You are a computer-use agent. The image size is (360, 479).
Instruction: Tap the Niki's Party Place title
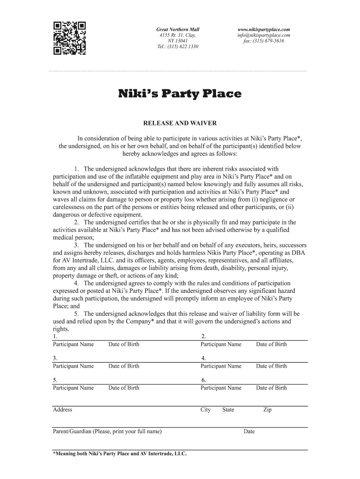click(180, 94)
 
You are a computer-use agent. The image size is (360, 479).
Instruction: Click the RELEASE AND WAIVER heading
click(180, 123)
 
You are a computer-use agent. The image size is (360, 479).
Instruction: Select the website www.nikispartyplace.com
click(264, 29)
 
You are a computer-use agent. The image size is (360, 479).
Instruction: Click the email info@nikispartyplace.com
click(264, 35)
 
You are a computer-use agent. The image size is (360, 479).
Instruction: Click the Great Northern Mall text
click(178, 29)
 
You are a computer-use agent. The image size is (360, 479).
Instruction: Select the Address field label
click(63, 410)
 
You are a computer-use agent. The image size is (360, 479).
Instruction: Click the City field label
click(206, 410)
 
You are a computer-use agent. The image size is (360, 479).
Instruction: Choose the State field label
click(228, 410)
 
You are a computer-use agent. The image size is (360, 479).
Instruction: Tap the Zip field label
click(267, 410)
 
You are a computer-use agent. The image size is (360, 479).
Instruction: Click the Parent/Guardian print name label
click(107, 431)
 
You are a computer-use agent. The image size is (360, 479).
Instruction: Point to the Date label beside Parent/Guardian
click(249, 431)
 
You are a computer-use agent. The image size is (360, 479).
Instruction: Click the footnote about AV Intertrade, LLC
click(120, 453)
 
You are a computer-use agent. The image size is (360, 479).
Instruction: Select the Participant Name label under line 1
click(73, 344)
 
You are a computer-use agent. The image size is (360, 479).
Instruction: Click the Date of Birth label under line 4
click(271, 366)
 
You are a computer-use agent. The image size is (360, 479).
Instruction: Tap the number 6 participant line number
click(203, 380)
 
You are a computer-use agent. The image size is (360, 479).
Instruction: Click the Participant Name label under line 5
click(73, 387)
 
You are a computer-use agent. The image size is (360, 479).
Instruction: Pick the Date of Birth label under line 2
click(271, 344)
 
